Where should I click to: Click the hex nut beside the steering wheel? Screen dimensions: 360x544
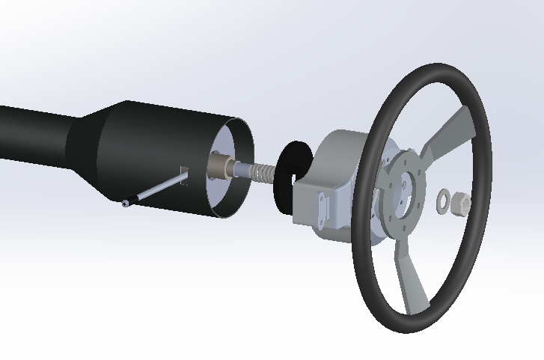[461, 202]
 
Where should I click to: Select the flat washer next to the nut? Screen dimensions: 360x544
[444, 200]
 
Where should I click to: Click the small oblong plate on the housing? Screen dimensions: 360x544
[323, 210]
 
